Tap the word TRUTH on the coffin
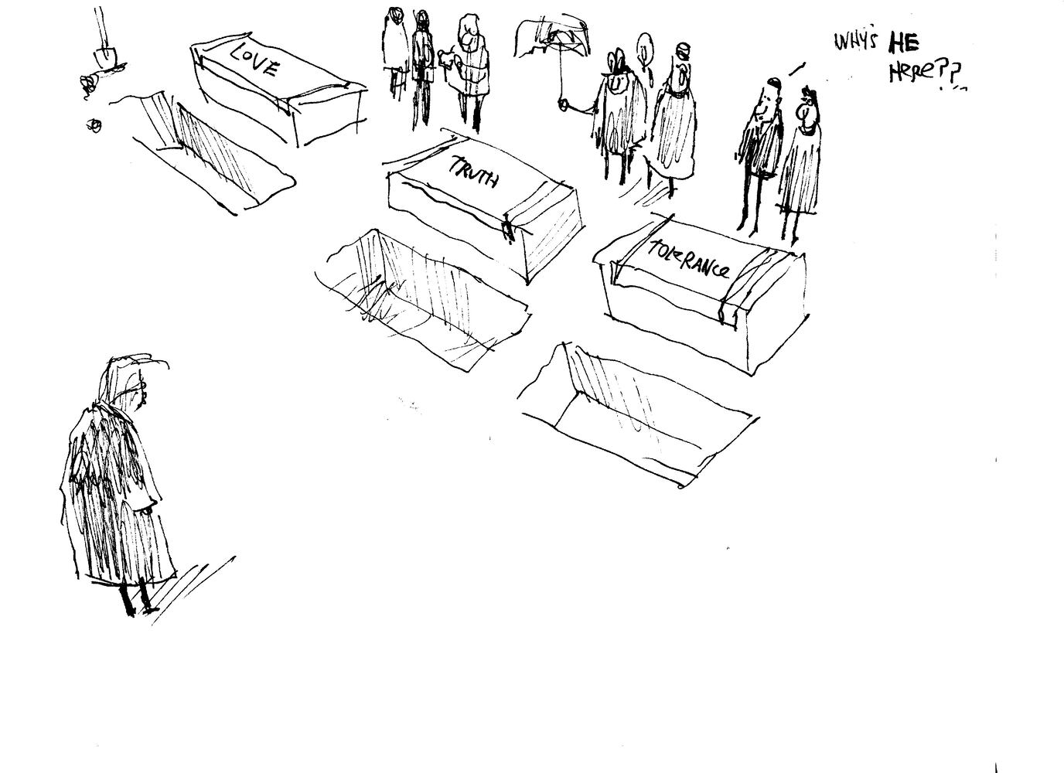(473, 172)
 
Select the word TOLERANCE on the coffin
(689, 260)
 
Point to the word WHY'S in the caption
(855, 42)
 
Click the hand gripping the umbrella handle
(564, 105)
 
